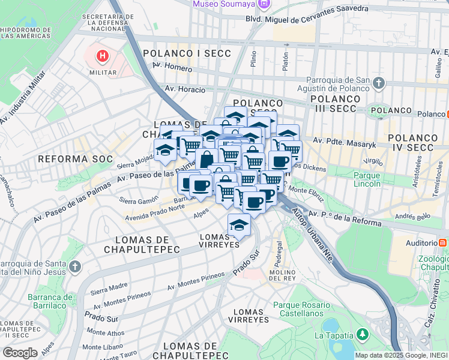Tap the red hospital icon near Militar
point(103,57)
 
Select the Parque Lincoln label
point(367,180)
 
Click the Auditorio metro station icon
point(442,242)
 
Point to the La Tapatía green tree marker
point(362,334)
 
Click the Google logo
point(20,353)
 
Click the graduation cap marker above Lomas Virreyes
point(239,225)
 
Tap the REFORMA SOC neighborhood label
point(75,159)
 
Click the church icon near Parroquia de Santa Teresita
point(74,266)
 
